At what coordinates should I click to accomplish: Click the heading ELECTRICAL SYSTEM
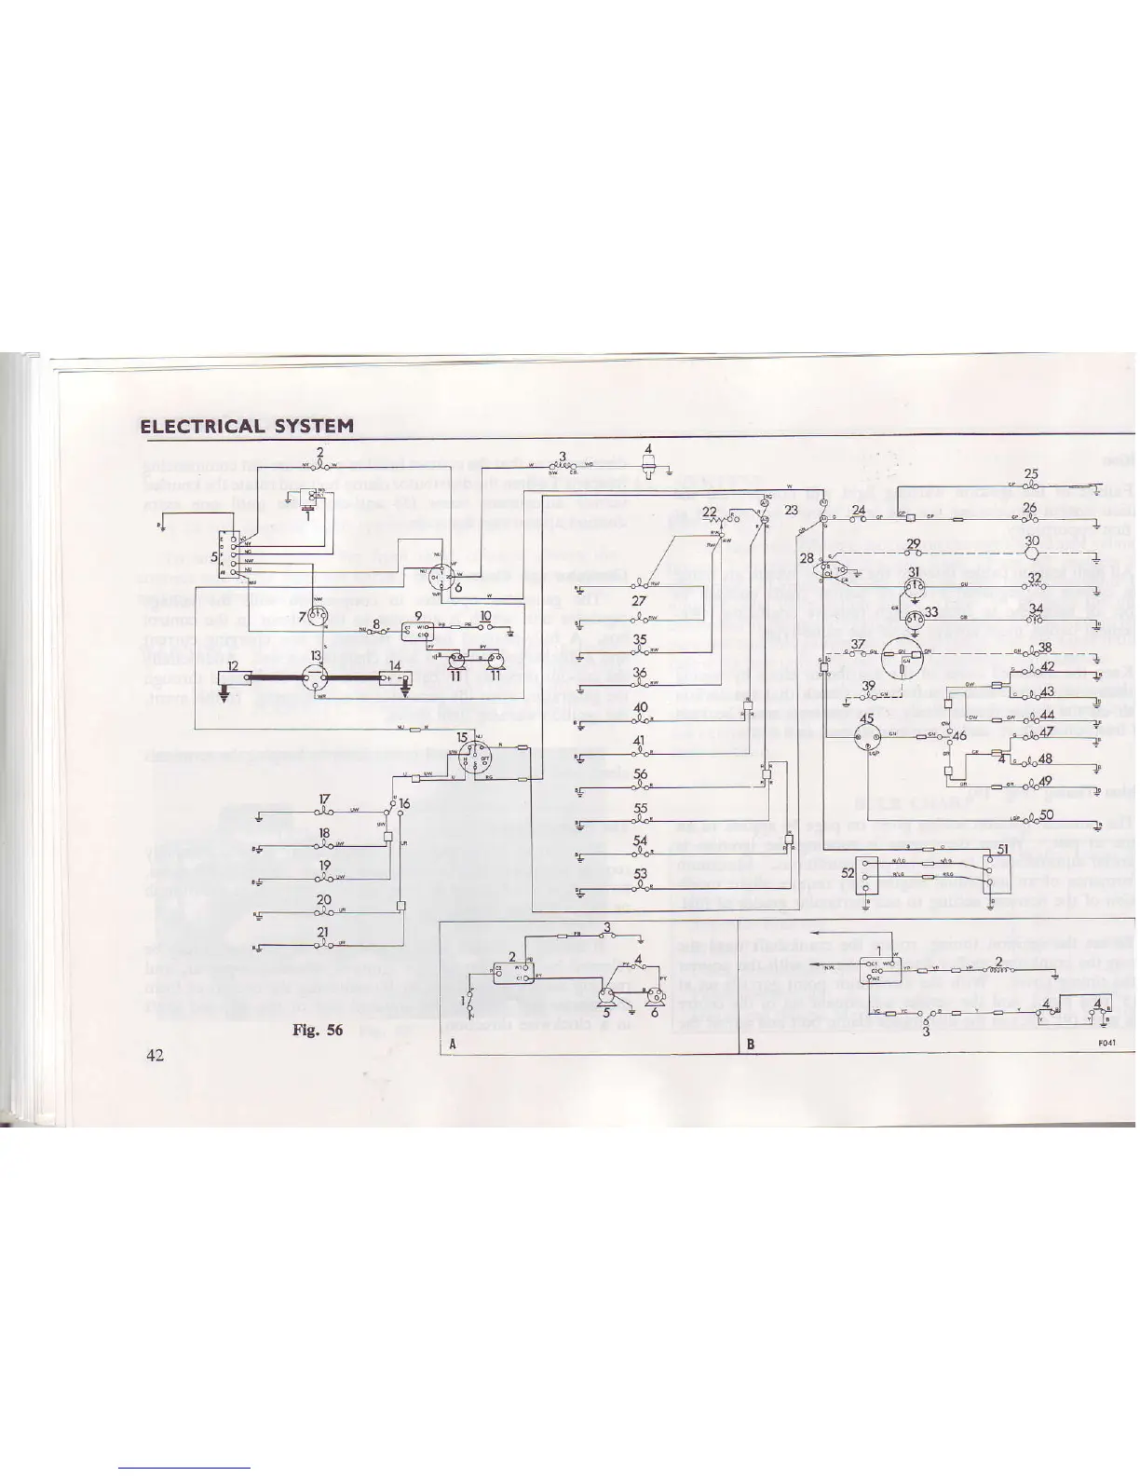[x=247, y=427]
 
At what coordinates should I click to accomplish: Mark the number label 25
[x=1031, y=474]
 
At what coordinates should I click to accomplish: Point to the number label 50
[x=1046, y=815]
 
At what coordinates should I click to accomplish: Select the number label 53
[x=641, y=874]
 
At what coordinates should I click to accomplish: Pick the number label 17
[x=324, y=799]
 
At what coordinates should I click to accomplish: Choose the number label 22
[x=710, y=512]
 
